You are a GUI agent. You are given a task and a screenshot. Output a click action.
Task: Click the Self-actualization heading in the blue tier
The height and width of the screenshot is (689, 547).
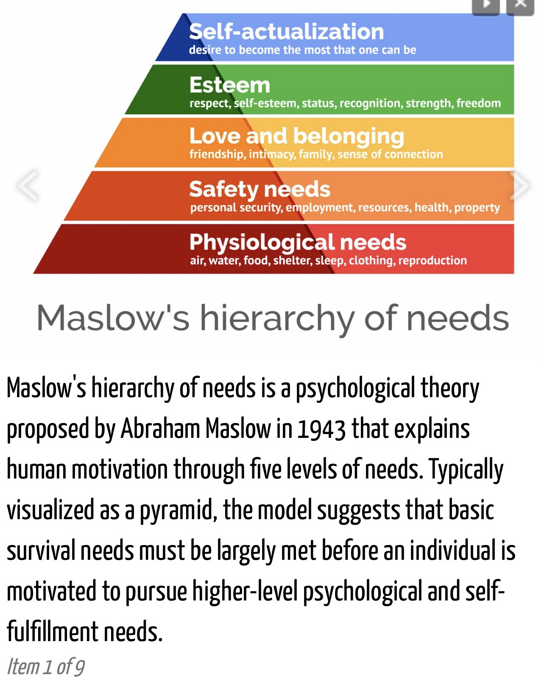click(x=286, y=32)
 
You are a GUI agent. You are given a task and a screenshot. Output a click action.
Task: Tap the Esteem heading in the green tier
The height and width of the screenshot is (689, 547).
click(x=229, y=85)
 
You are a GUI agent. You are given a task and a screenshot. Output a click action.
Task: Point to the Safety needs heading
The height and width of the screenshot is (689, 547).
click(x=260, y=189)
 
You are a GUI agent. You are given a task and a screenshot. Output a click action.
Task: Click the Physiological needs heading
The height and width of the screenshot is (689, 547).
click(x=298, y=243)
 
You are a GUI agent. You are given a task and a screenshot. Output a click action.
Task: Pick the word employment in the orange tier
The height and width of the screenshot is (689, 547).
click(x=320, y=208)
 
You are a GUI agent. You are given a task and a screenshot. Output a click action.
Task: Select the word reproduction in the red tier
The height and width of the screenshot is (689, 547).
click(x=433, y=260)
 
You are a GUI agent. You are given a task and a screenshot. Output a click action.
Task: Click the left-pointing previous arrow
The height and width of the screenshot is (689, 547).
click(x=28, y=185)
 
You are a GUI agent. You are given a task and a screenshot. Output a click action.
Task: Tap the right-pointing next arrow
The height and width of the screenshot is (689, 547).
click(x=520, y=185)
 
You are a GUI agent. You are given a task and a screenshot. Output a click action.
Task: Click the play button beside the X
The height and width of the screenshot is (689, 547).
click(x=486, y=6)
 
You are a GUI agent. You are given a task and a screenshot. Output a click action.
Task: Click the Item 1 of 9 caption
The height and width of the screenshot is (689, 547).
click(x=45, y=667)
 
